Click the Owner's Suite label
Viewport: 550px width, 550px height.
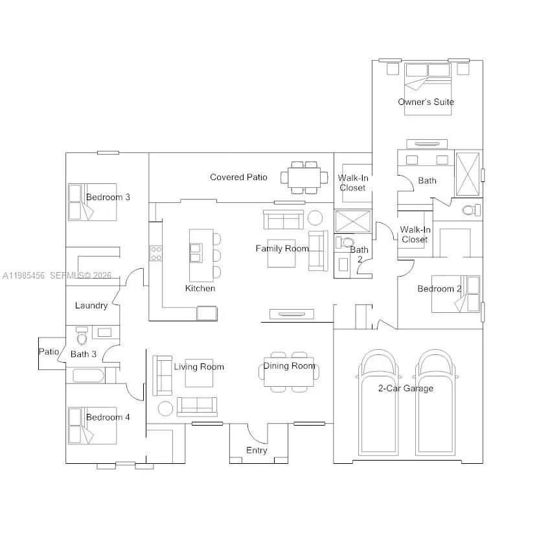pos(426,102)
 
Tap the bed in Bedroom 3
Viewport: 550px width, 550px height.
pos(84,202)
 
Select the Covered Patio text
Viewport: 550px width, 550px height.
pos(238,177)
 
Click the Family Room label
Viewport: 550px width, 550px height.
pos(282,248)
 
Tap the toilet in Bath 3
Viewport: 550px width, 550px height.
pos(82,337)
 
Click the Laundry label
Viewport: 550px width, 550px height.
pos(91,305)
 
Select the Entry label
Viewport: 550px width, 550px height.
pos(257,450)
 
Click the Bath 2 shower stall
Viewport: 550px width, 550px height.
pos(353,221)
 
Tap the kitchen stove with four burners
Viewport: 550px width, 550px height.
pos(156,253)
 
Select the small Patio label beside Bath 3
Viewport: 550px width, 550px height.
pos(49,352)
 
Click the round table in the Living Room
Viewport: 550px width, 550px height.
pos(166,408)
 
